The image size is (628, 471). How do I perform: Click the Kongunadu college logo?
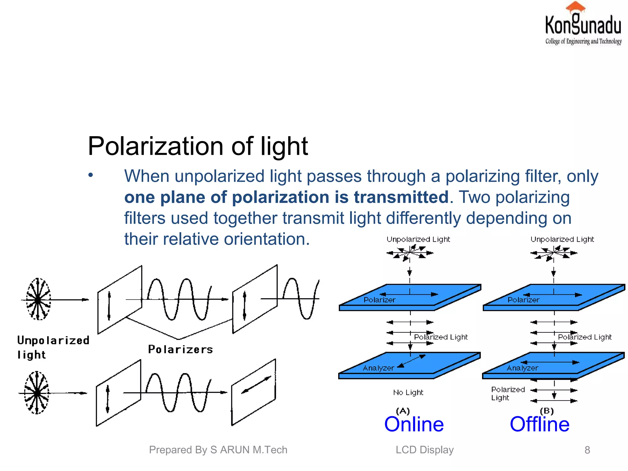point(583,25)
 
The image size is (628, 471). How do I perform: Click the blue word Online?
point(414,424)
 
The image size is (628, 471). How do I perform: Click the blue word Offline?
point(539,424)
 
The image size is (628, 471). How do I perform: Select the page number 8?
point(587,450)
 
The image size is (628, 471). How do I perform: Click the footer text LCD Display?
point(424,450)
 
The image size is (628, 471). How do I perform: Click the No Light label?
point(408,392)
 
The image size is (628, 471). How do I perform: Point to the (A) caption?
point(403,411)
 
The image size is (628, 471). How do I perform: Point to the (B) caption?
point(546,411)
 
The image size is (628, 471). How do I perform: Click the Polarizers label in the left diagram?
point(180,350)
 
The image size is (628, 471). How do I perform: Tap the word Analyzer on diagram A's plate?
point(378,368)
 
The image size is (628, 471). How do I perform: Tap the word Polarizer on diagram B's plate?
point(523,300)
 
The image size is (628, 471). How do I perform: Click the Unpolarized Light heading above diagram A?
point(418,239)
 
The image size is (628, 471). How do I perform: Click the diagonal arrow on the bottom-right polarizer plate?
point(256,385)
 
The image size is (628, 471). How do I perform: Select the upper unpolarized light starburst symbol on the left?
point(38,299)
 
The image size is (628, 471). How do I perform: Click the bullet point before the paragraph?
point(90,175)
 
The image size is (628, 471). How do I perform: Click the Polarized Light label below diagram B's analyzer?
point(507,393)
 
